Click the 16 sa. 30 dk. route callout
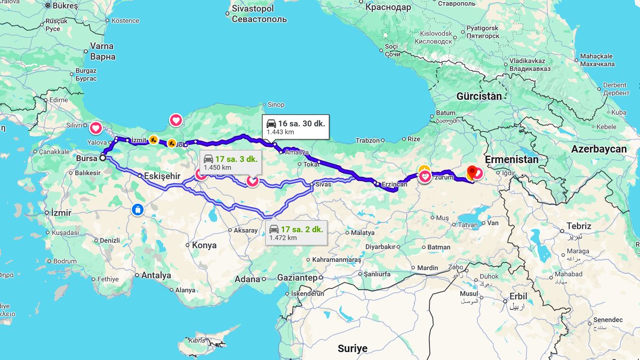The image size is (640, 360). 295,127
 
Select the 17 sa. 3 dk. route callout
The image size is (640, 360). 231,163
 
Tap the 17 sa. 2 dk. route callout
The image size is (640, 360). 296,233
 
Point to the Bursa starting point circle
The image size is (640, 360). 102,158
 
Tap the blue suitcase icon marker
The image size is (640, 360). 138,210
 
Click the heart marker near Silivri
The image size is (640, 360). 95,128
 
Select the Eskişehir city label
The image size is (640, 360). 163,175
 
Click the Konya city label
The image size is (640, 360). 204,245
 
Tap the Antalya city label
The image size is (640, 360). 156,276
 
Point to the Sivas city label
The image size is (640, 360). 323,185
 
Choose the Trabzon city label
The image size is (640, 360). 368,141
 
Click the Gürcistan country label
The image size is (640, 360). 479,97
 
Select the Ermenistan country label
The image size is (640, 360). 511,159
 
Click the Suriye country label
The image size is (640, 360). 353,348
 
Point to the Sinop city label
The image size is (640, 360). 276,105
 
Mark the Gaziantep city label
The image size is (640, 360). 298,278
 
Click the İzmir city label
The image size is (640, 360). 61,213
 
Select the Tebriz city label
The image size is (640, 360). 579,226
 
